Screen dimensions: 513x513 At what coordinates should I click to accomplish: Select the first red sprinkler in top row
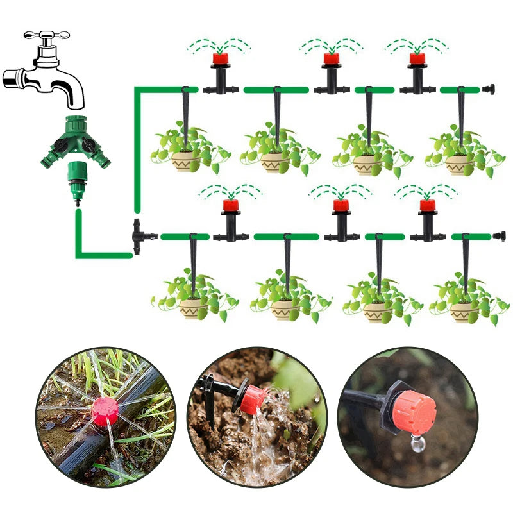click(x=221, y=60)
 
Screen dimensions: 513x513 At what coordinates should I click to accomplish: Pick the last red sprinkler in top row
click(x=417, y=60)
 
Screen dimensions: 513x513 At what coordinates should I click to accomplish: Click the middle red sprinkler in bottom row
click(x=340, y=206)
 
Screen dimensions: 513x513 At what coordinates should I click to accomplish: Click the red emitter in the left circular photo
click(x=104, y=411)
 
